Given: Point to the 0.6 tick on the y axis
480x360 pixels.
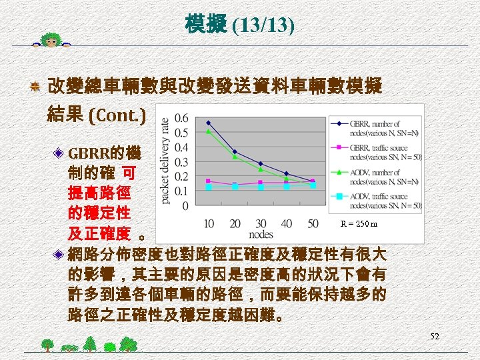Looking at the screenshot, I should [181, 118].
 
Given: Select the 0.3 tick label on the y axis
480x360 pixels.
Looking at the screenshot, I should [181, 162].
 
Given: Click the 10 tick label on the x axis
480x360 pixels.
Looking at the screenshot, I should [209, 223].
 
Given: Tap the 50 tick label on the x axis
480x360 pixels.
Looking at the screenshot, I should [313, 223].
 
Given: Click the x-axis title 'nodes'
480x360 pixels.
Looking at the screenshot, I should [261, 234].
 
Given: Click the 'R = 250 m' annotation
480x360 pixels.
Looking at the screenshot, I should [359, 224].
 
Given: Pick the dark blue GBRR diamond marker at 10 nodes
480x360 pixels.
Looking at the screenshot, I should [209, 123].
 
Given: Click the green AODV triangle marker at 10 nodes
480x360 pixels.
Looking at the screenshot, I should [209, 131].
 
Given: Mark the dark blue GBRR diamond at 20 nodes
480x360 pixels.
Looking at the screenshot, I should [235, 152].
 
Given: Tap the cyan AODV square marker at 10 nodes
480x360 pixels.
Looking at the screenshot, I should [209, 187].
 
